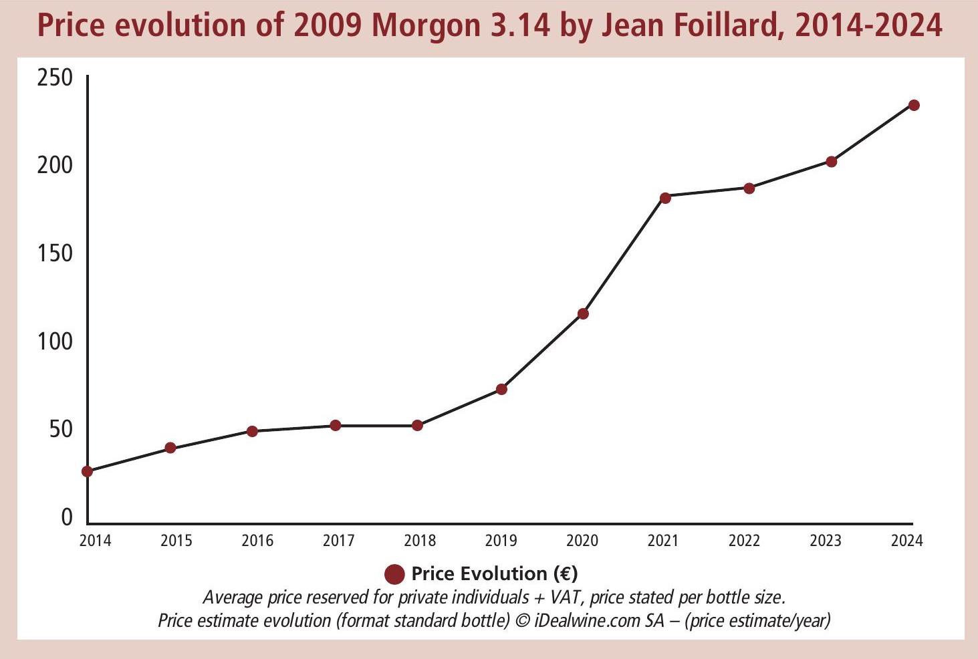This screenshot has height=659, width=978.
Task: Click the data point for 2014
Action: pyautogui.click(x=87, y=471)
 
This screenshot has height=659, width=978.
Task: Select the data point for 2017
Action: pyautogui.click(x=336, y=425)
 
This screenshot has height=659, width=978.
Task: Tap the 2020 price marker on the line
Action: pyautogui.click(x=583, y=313)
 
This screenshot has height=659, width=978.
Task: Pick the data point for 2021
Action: pyautogui.click(x=665, y=198)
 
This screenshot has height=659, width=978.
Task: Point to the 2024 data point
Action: pyautogui.click(x=914, y=105)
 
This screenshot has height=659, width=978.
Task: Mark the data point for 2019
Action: pyautogui.click(x=501, y=389)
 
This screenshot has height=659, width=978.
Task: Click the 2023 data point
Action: pyautogui.click(x=832, y=161)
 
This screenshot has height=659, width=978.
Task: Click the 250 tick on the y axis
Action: pyautogui.click(x=55, y=78)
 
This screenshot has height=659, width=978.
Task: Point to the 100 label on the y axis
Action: pyautogui.click(x=55, y=342)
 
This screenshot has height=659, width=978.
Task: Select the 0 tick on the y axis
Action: pyautogui.click(x=66, y=517)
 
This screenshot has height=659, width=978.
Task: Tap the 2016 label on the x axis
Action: pyautogui.click(x=257, y=540)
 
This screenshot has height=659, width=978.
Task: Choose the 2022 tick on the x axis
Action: pyautogui.click(x=744, y=540)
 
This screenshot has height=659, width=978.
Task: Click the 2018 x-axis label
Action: pyautogui.click(x=420, y=540)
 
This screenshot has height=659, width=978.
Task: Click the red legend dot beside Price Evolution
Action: pyautogui.click(x=395, y=574)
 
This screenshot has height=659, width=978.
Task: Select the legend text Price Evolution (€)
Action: pyautogui.click(x=495, y=573)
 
